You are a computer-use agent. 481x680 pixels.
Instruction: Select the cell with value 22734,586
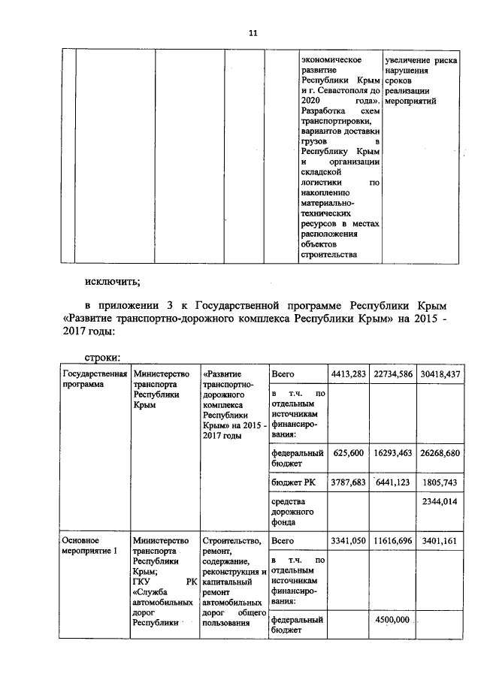coord(393,373)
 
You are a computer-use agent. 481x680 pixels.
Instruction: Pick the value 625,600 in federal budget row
coord(348,453)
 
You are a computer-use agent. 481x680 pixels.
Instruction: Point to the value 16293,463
coord(393,453)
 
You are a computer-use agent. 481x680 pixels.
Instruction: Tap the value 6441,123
coord(393,482)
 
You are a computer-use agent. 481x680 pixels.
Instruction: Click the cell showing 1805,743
coord(443,482)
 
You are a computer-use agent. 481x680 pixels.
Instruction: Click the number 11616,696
coord(393,540)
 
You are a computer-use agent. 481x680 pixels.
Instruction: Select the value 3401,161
coord(443,540)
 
